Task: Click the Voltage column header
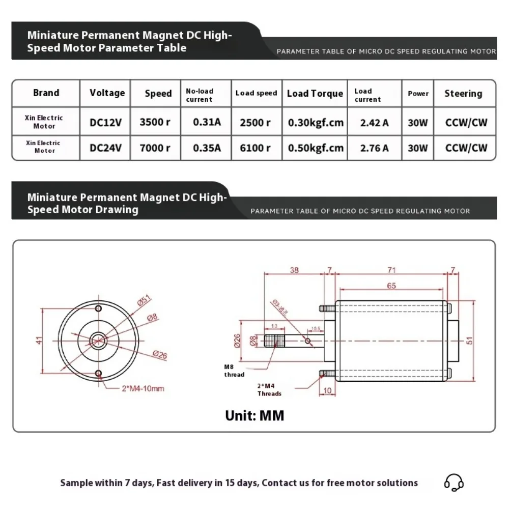[x=107, y=93]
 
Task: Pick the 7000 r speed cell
[x=155, y=148]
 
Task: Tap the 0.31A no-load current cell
[x=207, y=122]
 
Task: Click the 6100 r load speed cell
[x=256, y=148]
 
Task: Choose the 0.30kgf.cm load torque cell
[x=316, y=122]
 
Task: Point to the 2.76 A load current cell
[x=374, y=148]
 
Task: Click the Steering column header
[x=463, y=93]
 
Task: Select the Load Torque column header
[x=315, y=93]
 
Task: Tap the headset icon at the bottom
[x=454, y=482]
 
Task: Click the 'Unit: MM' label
[x=254, y=415]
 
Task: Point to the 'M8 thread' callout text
[x=234, y=371]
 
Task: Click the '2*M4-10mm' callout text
[x=143, y=388]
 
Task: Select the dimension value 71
[x=391, y=270]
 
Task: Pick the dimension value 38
[x=294, y=270]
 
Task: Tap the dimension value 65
[x=391, y=286]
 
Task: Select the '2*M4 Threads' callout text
[x=269, y=390]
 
